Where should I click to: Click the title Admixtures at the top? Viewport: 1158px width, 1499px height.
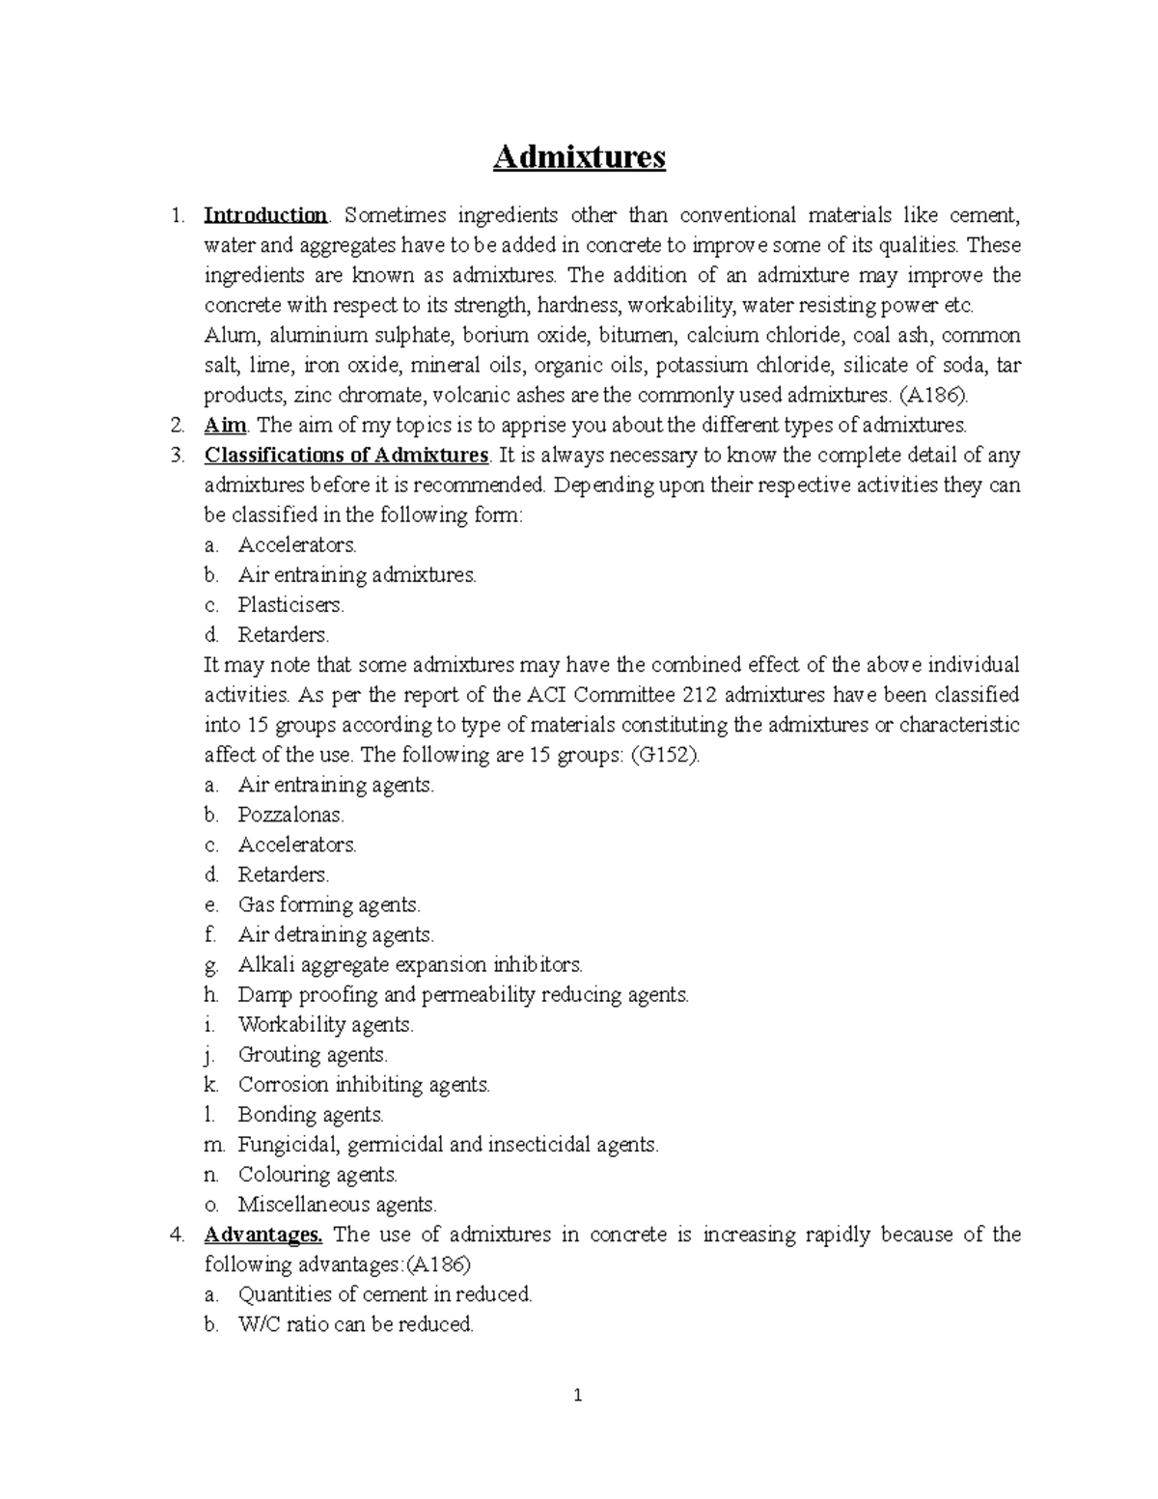(579, 156)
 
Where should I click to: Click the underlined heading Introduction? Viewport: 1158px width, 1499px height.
(265, 215)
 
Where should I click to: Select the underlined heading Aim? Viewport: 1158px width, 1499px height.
(225, 425)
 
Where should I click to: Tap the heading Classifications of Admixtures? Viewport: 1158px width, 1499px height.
(346, 455)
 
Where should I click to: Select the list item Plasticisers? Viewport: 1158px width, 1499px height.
(290, 605)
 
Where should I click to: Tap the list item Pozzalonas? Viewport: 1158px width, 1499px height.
(290, 815)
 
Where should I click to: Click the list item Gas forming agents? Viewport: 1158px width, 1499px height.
(328, 904)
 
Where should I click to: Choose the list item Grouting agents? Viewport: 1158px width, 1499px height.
(313, 1054)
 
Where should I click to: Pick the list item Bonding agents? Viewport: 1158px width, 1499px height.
(311, 1115)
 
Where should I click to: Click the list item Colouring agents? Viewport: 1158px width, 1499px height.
(317, 1175)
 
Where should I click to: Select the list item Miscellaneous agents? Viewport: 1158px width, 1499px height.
(337, 1205)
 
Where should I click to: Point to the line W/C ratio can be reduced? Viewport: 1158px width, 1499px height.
(355, 1324)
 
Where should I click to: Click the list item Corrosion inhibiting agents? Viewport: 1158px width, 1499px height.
(364, 1085)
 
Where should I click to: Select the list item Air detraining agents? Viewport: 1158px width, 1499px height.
(336, 934)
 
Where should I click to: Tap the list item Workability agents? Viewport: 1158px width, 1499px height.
(325, 1024)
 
